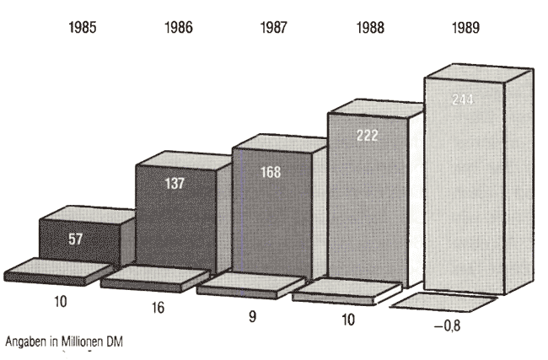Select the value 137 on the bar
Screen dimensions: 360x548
[x=175, y=185]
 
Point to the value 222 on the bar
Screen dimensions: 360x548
[x=368, y=135]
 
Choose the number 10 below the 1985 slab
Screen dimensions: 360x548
[x=60, y=301]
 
